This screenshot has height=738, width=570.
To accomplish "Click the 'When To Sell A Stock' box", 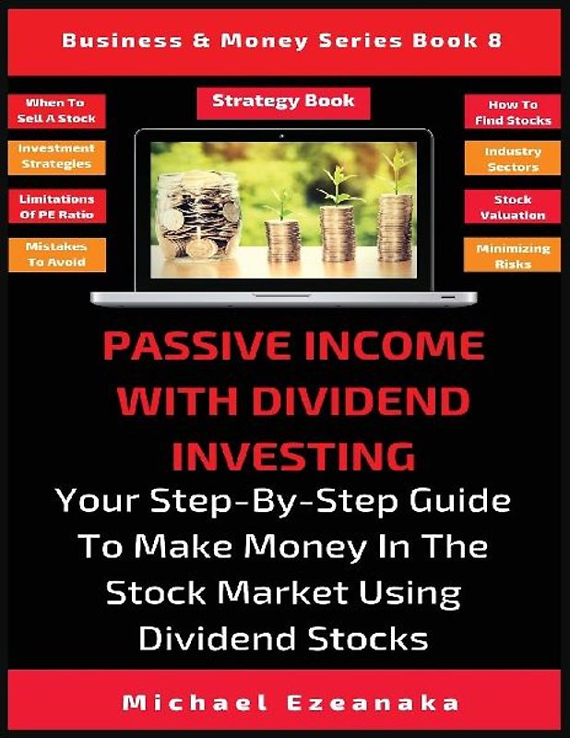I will [54, 112].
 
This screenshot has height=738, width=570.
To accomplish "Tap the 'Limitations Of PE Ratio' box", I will [54, 207].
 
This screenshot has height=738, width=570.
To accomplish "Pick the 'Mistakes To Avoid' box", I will [54, 256].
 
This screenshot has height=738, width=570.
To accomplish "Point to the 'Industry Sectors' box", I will [515, 159].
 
